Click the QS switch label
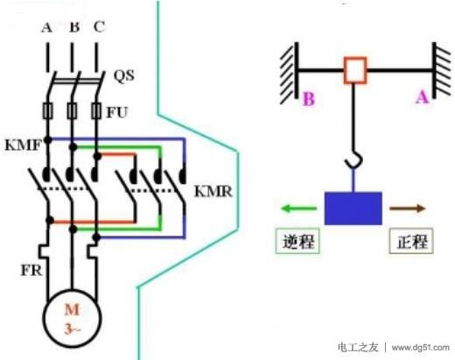(124, 76)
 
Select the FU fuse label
(117, 112)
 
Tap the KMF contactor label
(24, 145)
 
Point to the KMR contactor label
(213, 192)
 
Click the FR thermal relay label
(31, 271)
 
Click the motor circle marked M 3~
(72, 319)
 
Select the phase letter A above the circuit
(46, 27)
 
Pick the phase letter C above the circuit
(99, 27)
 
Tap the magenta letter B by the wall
(309, 99)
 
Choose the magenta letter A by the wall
(423, 97)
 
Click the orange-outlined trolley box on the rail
(354, 71)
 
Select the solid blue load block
(353, 208)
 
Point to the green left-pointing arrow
(298, 208)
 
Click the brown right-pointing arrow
(408, 208)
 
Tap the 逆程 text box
(297, 241)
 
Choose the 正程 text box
(411, 241)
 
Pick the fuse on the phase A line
(47, 110)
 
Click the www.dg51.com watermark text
(420, 348)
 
